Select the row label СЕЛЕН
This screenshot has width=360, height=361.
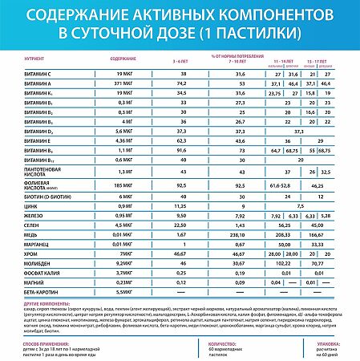(x=33, y=248)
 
